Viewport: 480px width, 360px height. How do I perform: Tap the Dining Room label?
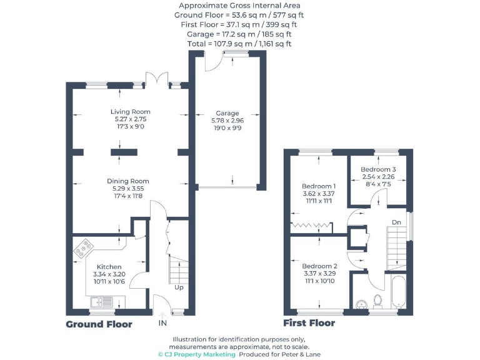point(131,181)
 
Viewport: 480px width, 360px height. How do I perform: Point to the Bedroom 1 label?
point(319,186)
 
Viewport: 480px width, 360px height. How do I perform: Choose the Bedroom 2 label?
point(319,266)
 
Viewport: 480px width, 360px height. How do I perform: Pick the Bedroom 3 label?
point(378,169)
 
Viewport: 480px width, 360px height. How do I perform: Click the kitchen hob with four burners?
point(84,249)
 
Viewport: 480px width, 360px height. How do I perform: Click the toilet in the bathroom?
point(377,301)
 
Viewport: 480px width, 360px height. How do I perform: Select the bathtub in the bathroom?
point(398,292)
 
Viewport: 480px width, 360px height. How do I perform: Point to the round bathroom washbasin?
point(361,304)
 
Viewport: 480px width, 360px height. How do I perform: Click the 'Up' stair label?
point(179,288)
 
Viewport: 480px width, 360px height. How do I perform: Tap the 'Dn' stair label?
point(396,221)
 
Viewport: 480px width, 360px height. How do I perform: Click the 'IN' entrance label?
point(162,323)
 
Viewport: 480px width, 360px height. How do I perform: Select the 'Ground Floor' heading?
point(99,324)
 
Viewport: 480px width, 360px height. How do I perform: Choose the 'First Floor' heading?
point(309,323)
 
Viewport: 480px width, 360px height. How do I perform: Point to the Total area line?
point(241,44)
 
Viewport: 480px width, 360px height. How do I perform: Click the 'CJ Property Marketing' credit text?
point(196,354)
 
